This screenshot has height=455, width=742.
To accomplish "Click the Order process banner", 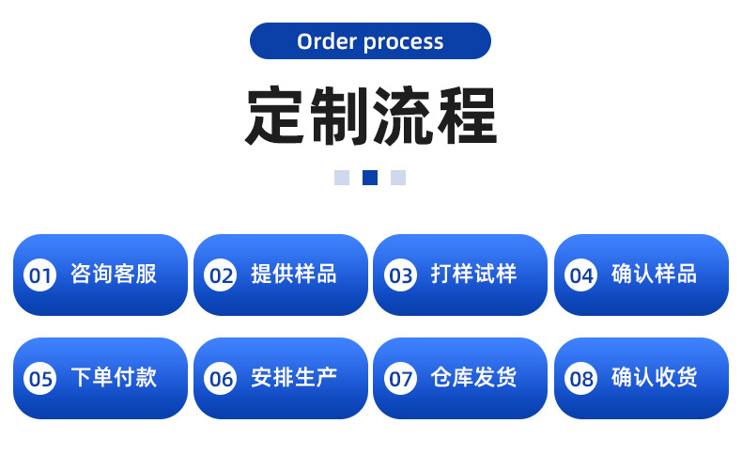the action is pos(370,41).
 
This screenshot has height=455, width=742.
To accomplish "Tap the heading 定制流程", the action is pos(370,116).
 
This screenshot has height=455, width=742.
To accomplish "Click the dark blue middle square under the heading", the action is pos(370,178).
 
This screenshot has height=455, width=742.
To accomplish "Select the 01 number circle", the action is pos(40,275).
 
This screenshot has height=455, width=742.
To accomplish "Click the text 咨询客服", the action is pos(114,275).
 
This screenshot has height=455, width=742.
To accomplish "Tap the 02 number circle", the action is pos(221,275).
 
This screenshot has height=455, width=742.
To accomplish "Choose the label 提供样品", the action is pos(294,275).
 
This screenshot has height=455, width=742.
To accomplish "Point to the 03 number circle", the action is pos(401,275).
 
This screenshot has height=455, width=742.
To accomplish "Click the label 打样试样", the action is pos(474,275).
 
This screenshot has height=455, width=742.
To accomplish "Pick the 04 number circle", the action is pos(581,275).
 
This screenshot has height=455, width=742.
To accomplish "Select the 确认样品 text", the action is pos(655,275).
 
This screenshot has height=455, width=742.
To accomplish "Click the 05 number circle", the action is pos(40,379).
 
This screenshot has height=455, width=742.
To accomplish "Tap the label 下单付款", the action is pos(114,378).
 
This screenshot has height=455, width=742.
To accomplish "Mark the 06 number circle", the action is pos(221,379).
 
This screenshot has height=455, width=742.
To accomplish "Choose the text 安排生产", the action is pos(294,378).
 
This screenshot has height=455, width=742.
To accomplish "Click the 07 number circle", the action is pos(401,379).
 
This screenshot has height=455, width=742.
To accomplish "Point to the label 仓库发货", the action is pos(474,378).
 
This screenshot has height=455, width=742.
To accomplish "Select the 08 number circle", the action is pos(581,379).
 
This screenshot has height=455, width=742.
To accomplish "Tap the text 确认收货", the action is pos(655,378).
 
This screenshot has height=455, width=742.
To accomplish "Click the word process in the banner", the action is pos(403,42).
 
